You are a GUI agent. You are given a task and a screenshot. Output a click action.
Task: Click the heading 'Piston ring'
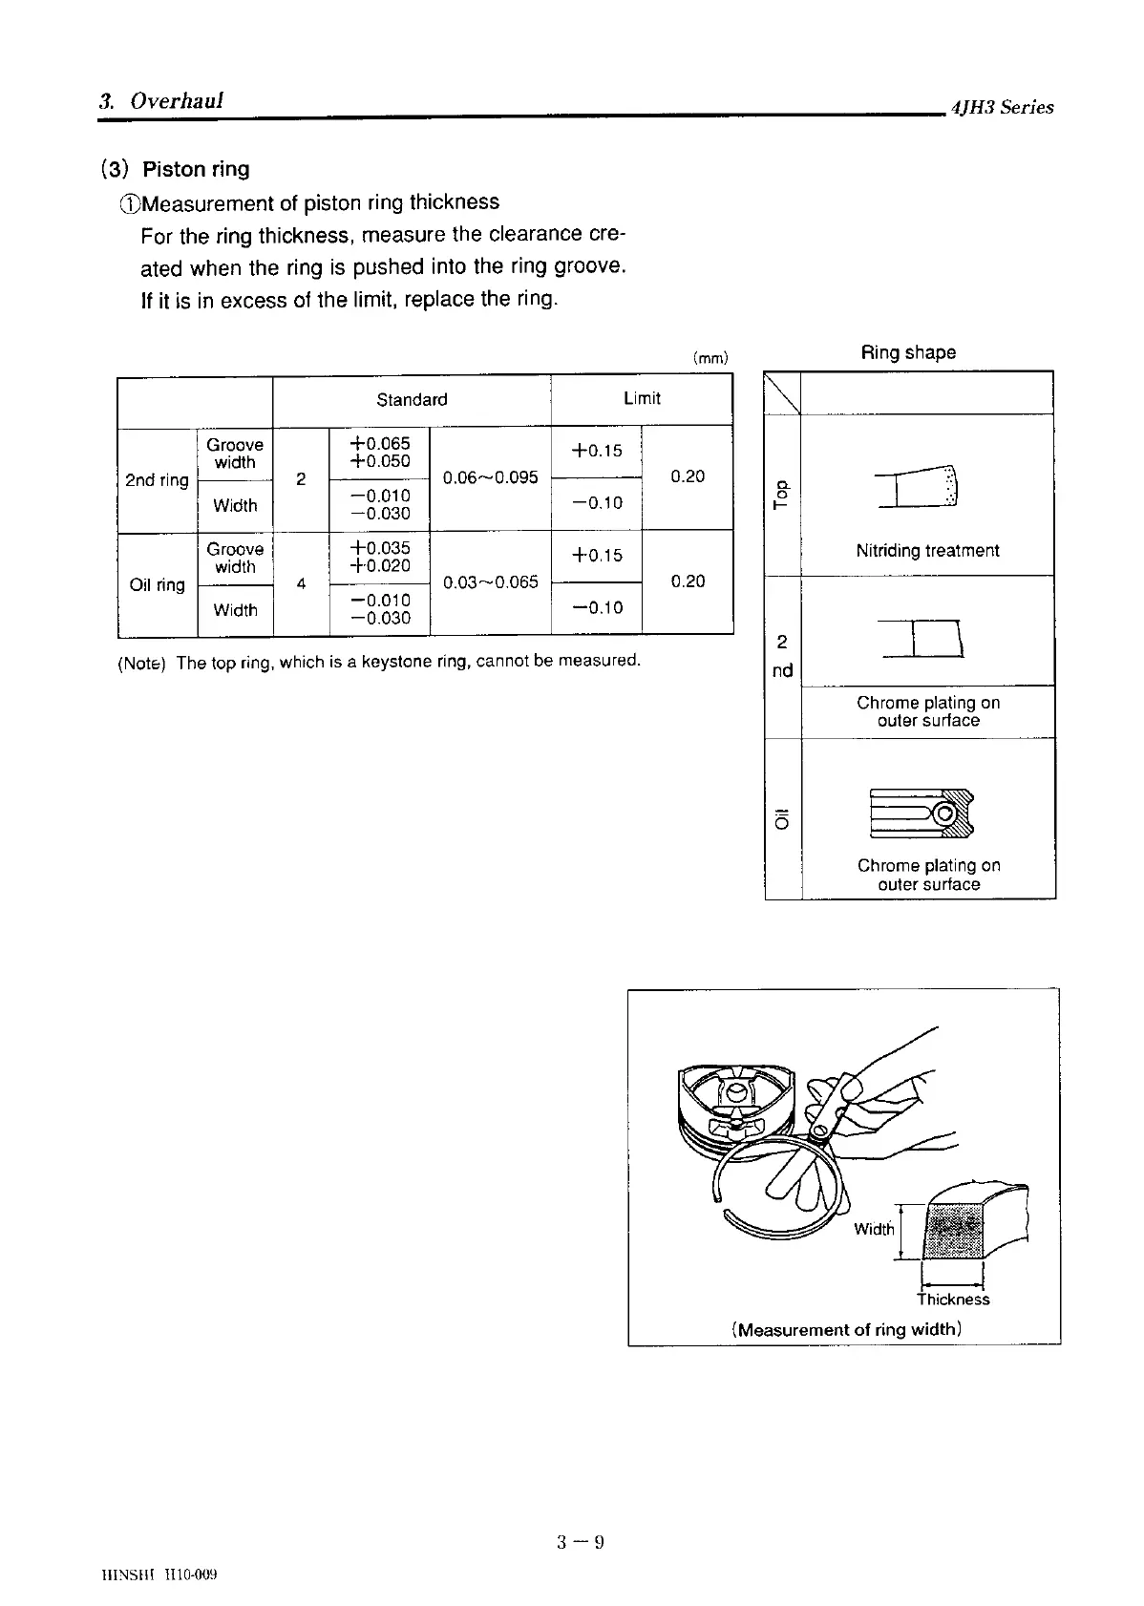click(x=196, y=170)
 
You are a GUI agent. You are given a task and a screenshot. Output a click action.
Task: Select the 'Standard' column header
click(x=412, y=400)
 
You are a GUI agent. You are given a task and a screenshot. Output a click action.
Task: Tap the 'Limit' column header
click(x=642, y=398)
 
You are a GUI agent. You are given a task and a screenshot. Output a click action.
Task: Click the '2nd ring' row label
click(x=157, y=480)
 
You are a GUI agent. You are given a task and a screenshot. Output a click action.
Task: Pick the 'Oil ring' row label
click(x=157, y=584)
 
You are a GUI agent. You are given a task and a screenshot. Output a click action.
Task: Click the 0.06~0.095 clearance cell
click(x=491, y=477)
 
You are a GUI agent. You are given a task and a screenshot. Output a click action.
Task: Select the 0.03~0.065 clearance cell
click(x=491, y=581)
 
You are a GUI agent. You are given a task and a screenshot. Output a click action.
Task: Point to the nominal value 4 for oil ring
click(x=301, y=583)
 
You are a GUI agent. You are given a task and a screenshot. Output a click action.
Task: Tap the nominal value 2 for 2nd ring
click(x=301, y=479)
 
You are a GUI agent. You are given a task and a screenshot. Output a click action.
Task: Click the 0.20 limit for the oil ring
click(x=688, y=581)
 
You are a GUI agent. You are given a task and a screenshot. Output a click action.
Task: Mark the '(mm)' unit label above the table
click(x=710, y=359)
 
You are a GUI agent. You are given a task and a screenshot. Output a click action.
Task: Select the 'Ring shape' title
click(x=908, y=352)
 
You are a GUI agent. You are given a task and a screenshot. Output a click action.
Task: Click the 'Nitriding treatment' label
click(x=927, y=551)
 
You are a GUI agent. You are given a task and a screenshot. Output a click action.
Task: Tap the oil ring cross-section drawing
click(x=922, y=814)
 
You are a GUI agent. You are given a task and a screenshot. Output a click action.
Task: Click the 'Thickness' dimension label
click(x=953, y=1300)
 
